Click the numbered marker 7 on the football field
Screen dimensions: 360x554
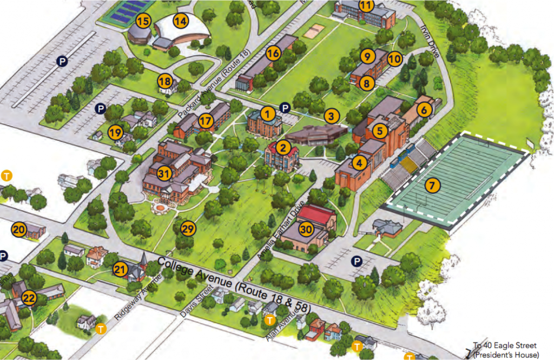431,185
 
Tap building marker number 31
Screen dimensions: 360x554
164,173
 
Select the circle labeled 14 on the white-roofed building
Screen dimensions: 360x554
180,21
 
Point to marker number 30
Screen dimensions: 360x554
306,229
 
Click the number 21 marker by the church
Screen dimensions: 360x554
120,269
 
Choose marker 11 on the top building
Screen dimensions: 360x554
366,6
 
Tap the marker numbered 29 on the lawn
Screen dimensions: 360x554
188,228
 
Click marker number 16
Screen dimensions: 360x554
273,53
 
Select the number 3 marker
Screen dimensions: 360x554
331,115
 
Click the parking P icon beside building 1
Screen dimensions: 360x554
285,108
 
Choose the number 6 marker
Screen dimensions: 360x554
424,109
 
